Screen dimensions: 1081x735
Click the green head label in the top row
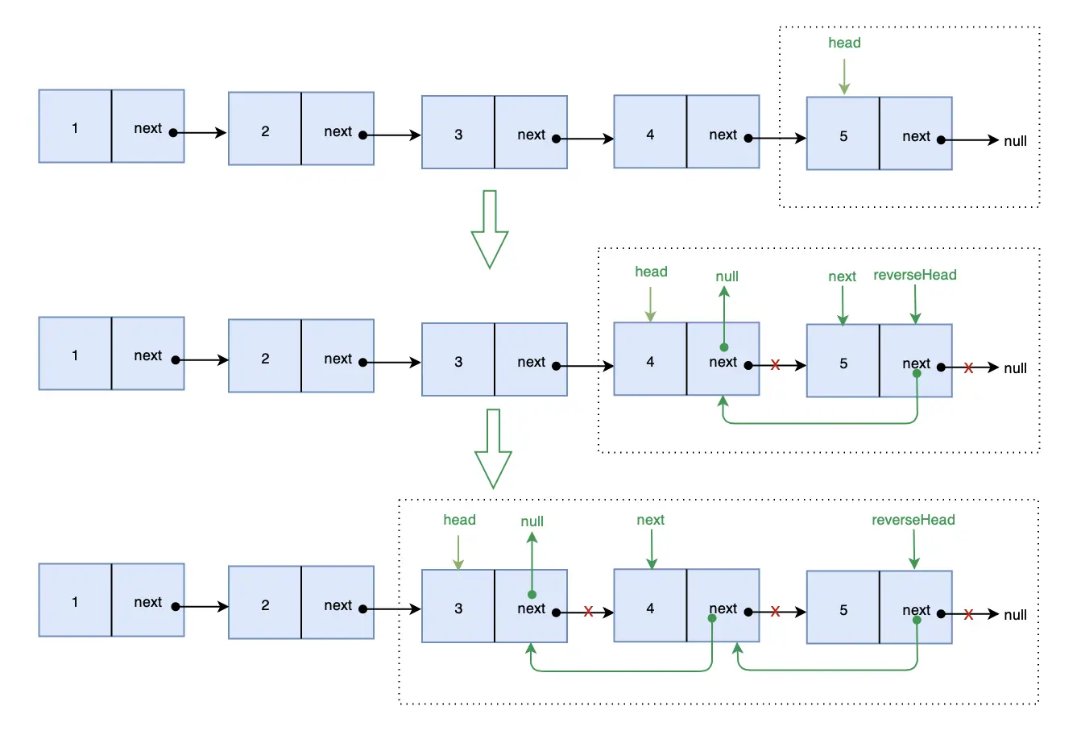tap(844, 43)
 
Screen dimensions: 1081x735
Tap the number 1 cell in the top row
tap(75, 126)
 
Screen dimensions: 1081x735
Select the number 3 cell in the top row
tap(458, 132)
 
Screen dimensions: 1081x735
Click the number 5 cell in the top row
tap(843, 133)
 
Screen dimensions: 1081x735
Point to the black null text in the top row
tap(1016, 141)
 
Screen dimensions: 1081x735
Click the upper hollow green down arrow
tap(489, 229)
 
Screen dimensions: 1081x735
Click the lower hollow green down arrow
tap(493, 449)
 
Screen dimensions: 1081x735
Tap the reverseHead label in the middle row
tap(915, 275)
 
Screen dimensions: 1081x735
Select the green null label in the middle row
tap(727, 276)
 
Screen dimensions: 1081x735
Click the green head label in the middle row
tap(651, 272)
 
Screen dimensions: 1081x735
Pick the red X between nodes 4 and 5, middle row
tap(775, 364)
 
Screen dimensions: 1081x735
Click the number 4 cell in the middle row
tap(651, 359)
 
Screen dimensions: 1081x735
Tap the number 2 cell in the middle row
tap(265, 356)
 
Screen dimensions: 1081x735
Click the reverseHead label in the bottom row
tap(913, 520)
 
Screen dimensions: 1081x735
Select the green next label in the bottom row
tap(651, 520)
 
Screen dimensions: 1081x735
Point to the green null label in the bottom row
tap(532, 521)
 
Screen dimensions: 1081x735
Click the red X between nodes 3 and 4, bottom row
tap(588, 612)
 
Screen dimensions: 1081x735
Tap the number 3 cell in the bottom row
tap(458, 606)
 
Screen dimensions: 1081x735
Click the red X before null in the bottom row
tap(968, 614)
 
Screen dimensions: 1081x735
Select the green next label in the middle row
tap(842, 276)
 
